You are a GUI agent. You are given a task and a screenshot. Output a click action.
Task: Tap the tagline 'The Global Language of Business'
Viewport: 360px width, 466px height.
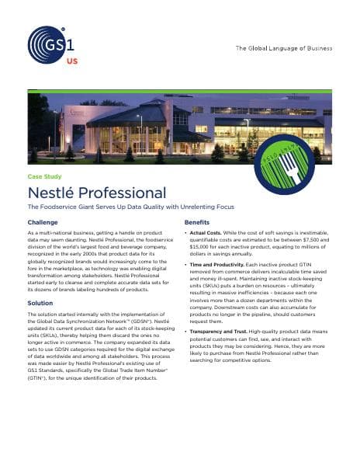(x=285, y=49)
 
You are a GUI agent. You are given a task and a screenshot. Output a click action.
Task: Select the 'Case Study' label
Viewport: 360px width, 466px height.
(x=44, y=177)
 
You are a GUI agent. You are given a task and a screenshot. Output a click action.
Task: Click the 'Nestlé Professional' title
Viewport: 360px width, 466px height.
(x=96, y=193)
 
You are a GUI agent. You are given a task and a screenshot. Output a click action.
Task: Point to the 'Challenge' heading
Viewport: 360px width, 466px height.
(x=43, y=223)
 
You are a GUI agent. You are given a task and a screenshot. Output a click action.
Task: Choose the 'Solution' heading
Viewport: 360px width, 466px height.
(x=40, y=303)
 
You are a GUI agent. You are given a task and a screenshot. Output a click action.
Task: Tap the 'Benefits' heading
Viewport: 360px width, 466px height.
(x=196, y=223)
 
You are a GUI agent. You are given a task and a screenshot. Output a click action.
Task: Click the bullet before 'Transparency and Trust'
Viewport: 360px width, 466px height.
(x=186, y=331)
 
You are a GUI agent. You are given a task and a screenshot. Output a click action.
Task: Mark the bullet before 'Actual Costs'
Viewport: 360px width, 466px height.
(x=186, y=234)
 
